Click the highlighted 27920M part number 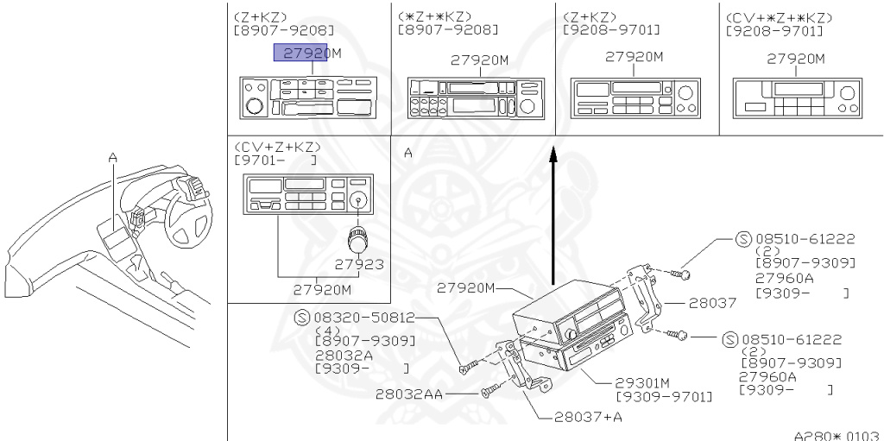(307, 54)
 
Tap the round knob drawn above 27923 (355, 239)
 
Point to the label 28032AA (410, 394)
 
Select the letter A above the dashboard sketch (112, 157)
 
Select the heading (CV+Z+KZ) (276, 147)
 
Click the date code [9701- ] (275, 160)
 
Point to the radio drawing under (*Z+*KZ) (473, 97)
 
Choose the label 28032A (344, 354)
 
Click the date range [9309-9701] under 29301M (664, 396)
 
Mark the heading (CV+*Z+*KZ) (780, 16)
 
